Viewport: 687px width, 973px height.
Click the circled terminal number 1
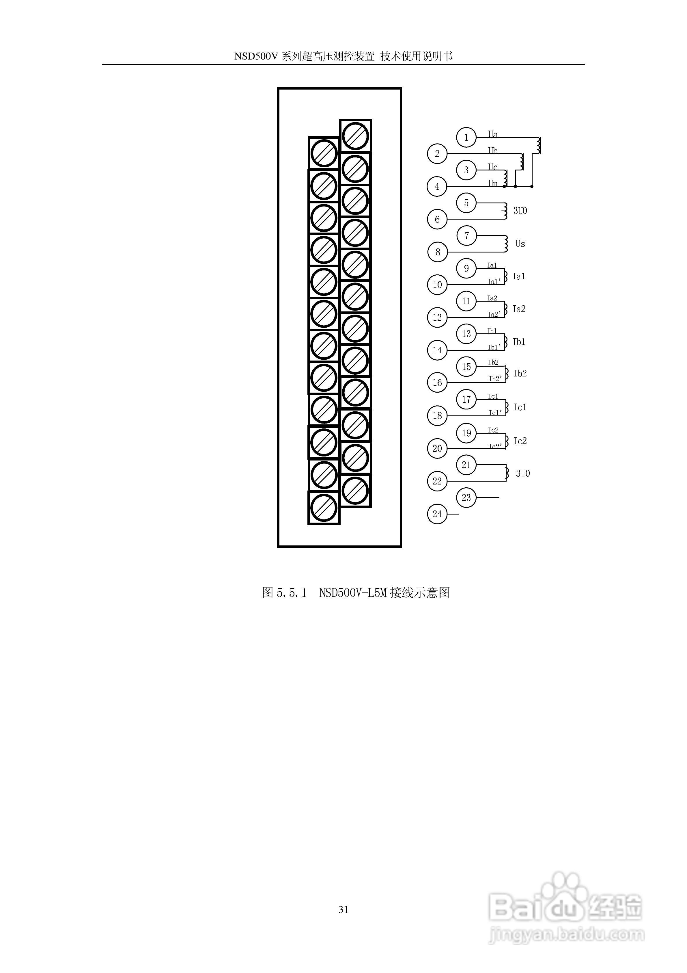coord(466,137)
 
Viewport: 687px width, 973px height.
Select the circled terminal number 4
coord(437,186)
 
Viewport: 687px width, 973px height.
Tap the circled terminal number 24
coord(437,514)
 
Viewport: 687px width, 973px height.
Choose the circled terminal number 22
coord(437,481)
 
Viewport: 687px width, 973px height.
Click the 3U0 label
coord(520,211)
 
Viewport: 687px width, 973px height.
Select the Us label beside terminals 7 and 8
coord(520,244)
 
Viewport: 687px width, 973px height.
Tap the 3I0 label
coord(523,473)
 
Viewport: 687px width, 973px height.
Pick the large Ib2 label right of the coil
coord(520,373)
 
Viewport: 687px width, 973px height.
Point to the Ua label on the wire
coord(492,134)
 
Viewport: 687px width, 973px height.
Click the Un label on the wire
coord(492,183)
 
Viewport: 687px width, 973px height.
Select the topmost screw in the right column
coord(355,135)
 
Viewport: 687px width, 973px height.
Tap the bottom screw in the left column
coord(324,508)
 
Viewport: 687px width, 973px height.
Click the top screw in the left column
coord(324,153)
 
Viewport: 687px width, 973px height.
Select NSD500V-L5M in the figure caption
coord(353,593)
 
